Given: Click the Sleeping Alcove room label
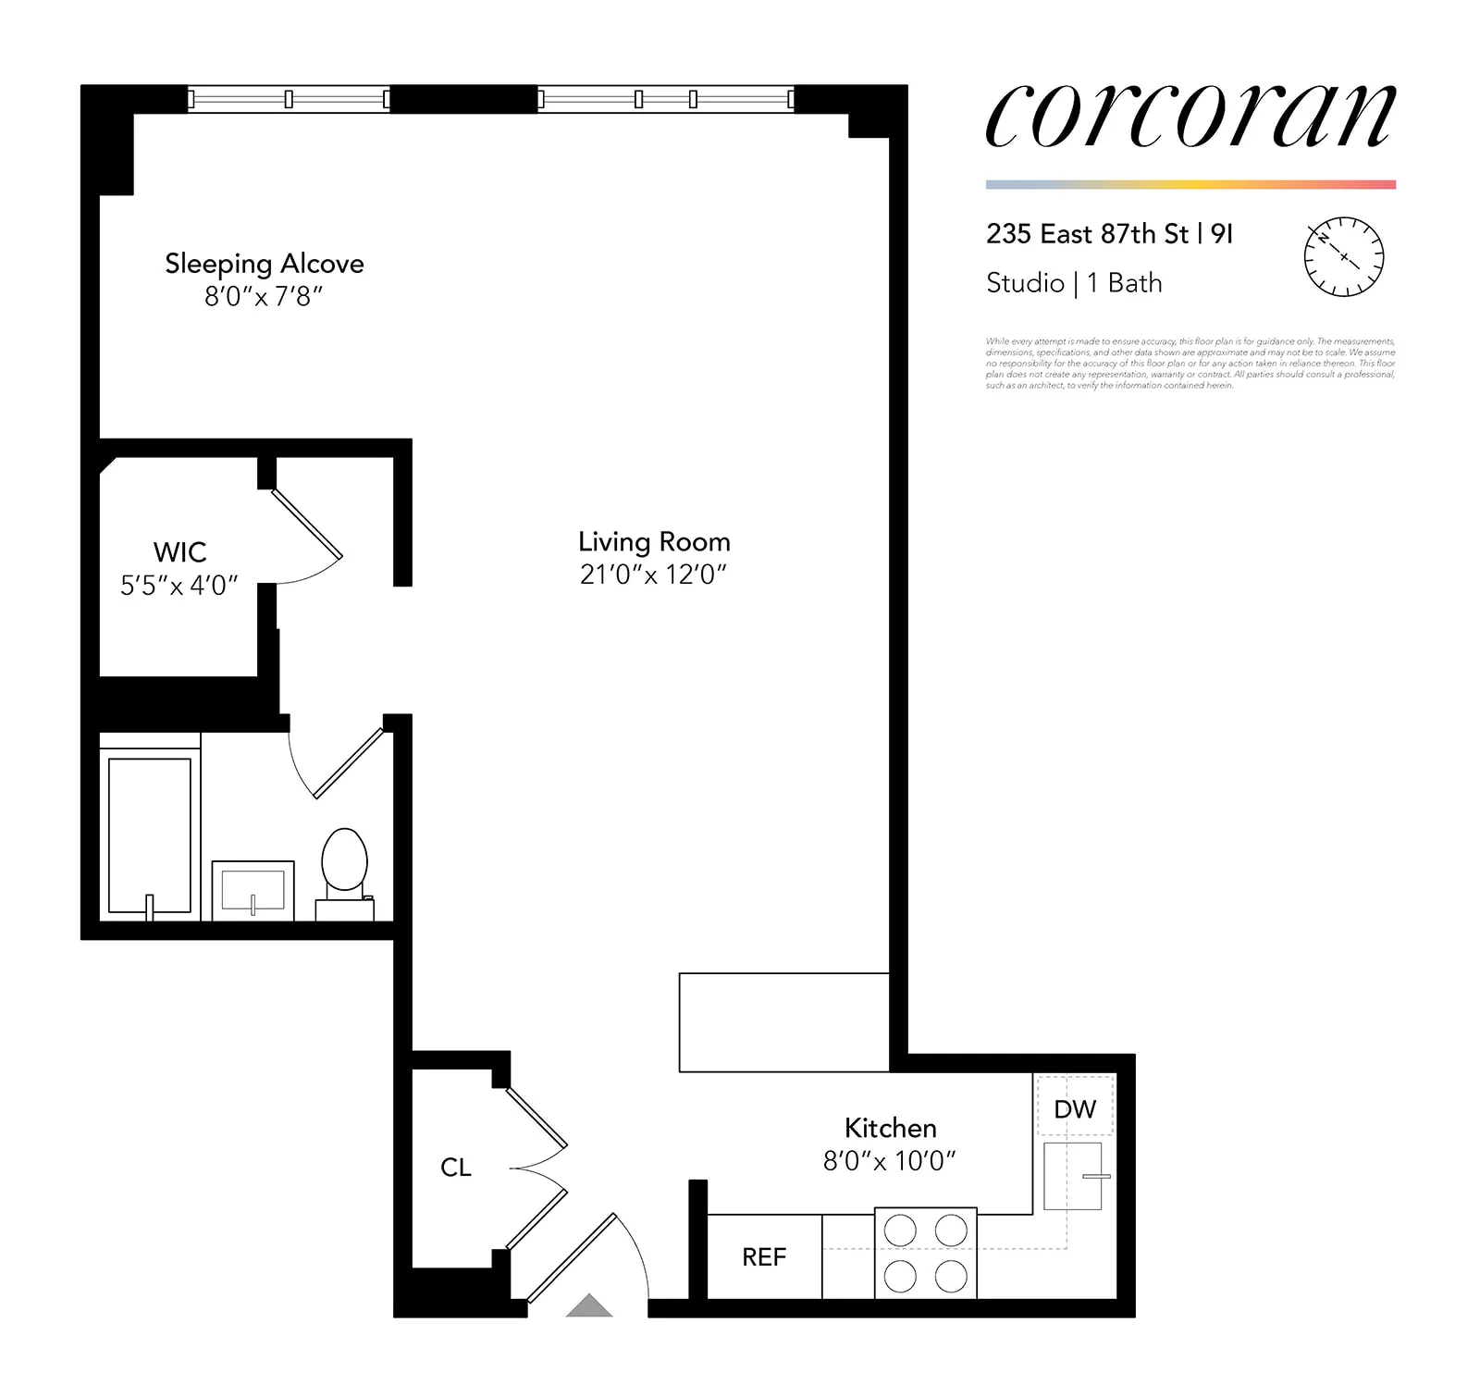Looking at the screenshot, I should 264,265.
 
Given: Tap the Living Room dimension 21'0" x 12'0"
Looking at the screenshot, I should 653,575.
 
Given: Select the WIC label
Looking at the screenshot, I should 179,552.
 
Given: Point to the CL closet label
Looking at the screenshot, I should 456,1168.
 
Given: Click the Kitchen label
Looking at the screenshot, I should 890,1128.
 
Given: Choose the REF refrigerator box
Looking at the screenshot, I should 764,1256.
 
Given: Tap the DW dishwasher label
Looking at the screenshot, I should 1075,1109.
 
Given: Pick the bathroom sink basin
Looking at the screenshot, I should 253,890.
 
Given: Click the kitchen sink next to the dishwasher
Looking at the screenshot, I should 1072,1176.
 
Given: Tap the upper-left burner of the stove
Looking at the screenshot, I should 900,1230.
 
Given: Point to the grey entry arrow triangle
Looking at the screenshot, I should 589,1306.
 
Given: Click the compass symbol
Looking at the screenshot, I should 1343,257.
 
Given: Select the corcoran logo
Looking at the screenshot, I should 1190,116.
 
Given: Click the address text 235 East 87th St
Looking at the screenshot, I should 1088,234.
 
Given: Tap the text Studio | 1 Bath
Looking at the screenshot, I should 1074,283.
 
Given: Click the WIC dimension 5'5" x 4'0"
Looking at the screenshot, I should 179,586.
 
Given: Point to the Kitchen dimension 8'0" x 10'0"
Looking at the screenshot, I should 890,1161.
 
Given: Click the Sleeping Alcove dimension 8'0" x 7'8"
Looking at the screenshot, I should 264,297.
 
